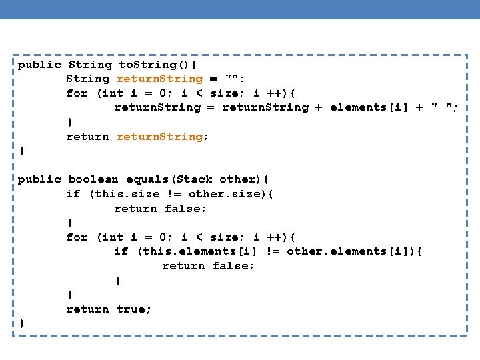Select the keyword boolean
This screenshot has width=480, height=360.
point(93,179)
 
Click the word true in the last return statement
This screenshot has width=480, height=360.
point(134,309)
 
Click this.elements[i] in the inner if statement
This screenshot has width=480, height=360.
point(199,251)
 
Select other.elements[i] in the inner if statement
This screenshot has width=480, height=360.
point(346,251)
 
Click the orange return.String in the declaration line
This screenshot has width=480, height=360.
point(159,79)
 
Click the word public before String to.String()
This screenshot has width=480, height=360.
point(39,65)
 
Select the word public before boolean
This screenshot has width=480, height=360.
point(39,179)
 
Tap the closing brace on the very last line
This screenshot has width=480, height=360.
point(22,323)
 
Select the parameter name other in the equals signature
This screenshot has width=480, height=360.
point(238,179)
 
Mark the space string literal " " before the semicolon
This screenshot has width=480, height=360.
point(442,107)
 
